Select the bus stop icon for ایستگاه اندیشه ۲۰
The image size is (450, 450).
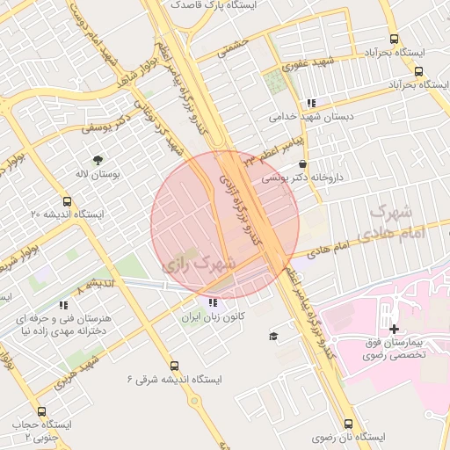click(68, 200)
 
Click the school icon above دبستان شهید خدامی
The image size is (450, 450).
click(311, 102)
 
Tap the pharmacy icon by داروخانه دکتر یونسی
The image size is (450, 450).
click(303, 163)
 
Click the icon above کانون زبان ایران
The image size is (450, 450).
click(211, 302)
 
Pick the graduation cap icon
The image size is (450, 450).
click(272, 337)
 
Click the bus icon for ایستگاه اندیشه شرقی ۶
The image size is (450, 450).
click(174, 366)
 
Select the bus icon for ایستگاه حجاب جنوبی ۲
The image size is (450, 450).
click(41, 411)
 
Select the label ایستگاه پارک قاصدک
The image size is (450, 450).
click(203, 5)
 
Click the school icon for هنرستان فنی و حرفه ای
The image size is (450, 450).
click(62, 304)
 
